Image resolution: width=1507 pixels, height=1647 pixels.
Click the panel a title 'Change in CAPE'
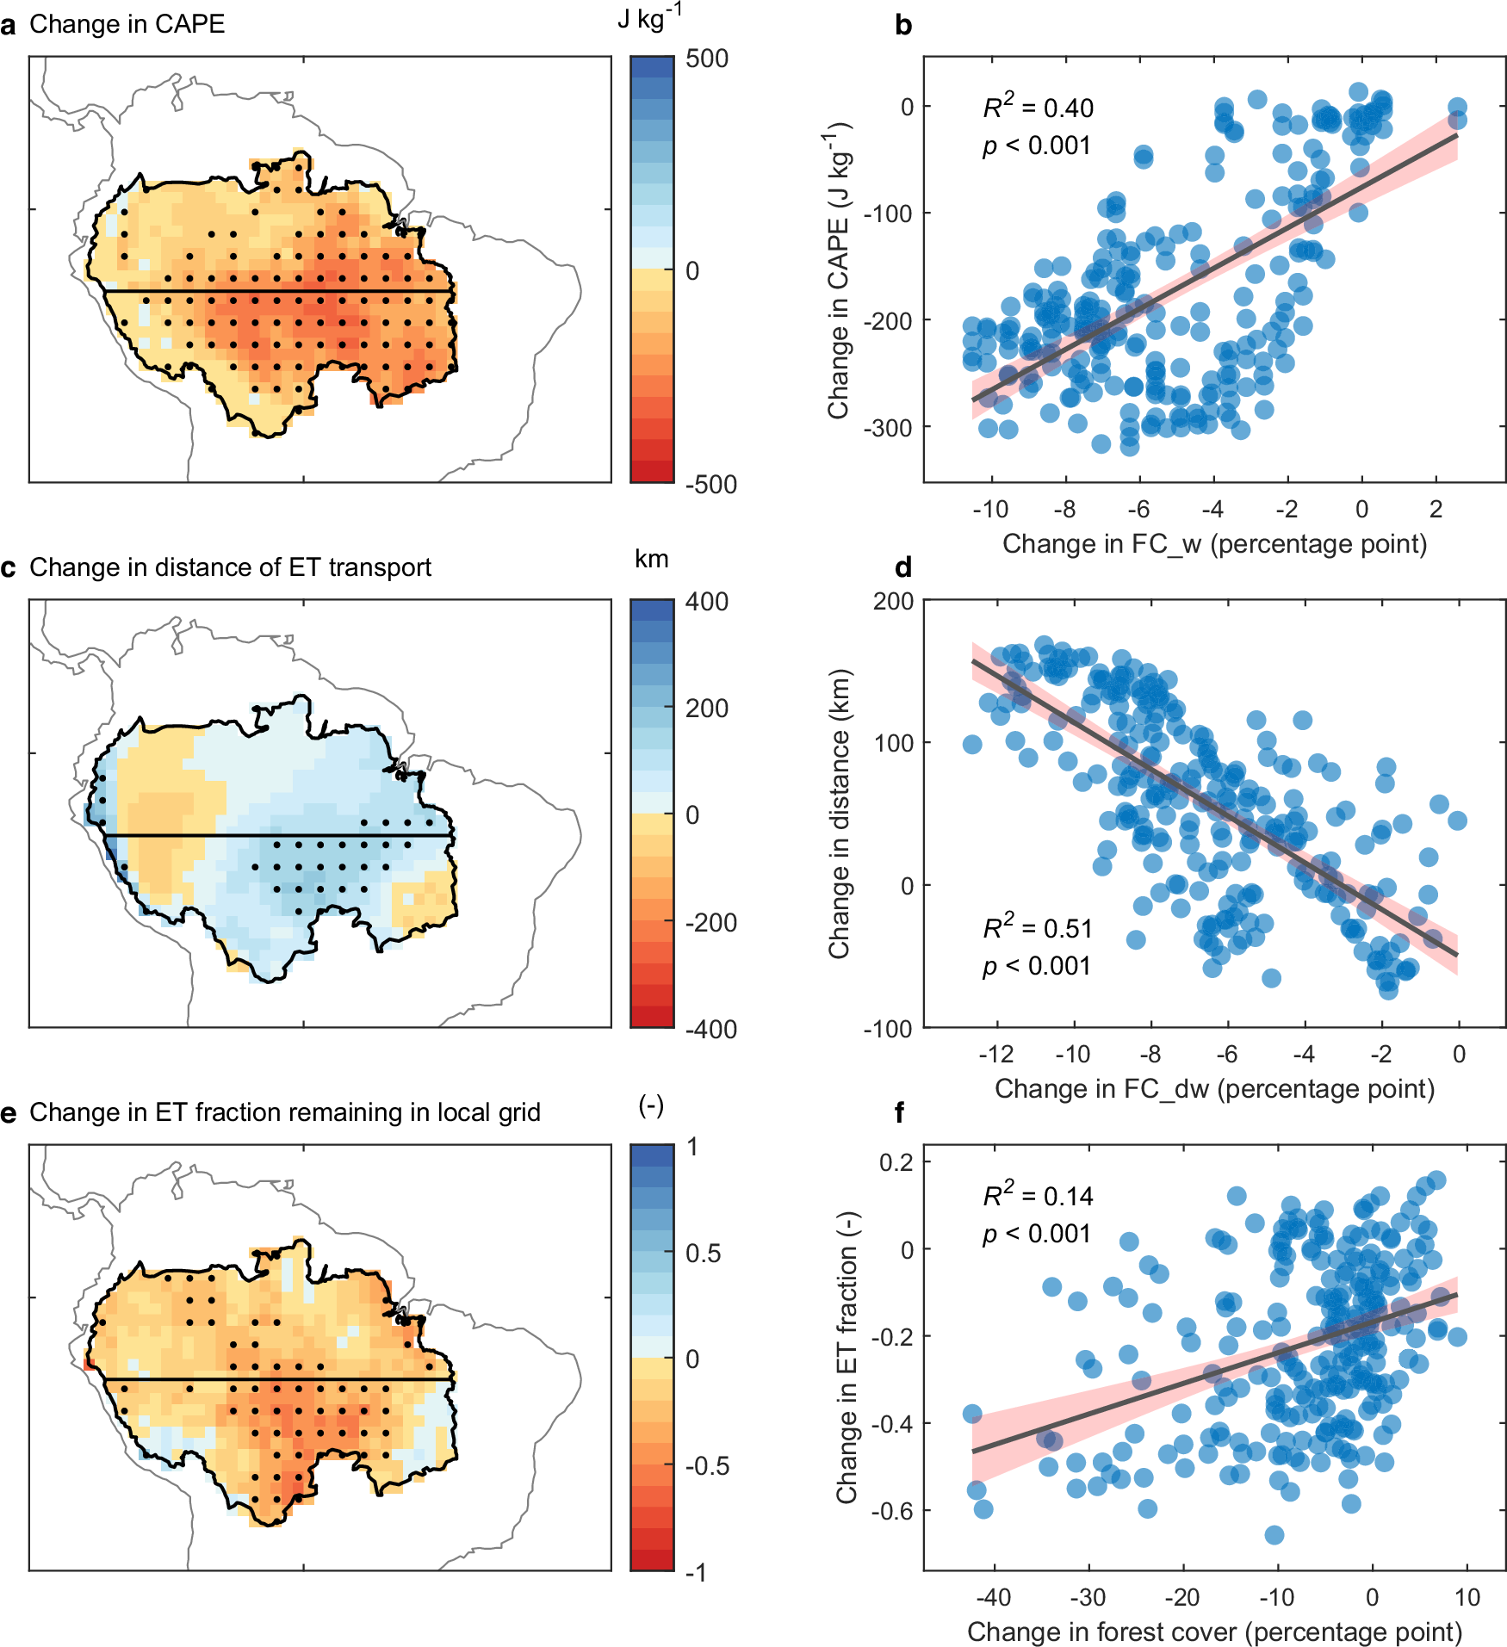click(x=127, y=24)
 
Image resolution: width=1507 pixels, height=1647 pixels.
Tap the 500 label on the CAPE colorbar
click(x=707, y=59)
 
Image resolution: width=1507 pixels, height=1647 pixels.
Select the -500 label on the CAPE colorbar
click(x=710, y=484)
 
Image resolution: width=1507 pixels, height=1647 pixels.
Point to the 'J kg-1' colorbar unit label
click(x=648, y=19)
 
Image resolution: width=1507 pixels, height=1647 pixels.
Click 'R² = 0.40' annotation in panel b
click(x=1038, y=108)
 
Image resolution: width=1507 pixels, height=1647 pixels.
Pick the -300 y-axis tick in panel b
click(x=888, y=427)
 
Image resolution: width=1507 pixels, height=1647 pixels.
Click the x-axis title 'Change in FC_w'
click(x=1214, y=544)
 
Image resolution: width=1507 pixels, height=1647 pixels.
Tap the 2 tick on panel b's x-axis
click(x=1436, y=510)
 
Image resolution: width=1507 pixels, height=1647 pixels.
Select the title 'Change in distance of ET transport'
click(x=230, y=567)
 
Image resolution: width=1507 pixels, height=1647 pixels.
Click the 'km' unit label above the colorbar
click(x=651, y=560)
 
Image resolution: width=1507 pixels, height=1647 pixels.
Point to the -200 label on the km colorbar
click(x=710, y=923)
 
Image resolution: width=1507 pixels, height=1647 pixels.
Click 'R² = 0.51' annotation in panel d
click(x=1038, y=928)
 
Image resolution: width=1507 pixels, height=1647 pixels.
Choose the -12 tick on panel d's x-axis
click(x=996, y=1055)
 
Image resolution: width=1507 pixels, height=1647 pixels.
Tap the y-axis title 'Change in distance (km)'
click(x=839, y=814)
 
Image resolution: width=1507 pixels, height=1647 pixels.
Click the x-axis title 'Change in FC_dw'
click(x=1214, y=1089)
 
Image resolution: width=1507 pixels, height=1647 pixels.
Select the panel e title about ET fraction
click(x=284, y=1112)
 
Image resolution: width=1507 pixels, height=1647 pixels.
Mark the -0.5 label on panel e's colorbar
click(x=707, y=1466)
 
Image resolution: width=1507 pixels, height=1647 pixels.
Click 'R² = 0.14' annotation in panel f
click(x=1038, y=1196)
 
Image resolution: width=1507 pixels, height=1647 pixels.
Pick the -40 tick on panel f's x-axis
click(x=993, y=1598)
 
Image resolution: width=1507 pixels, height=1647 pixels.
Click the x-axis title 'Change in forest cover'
click(x=1214, y=1632)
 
